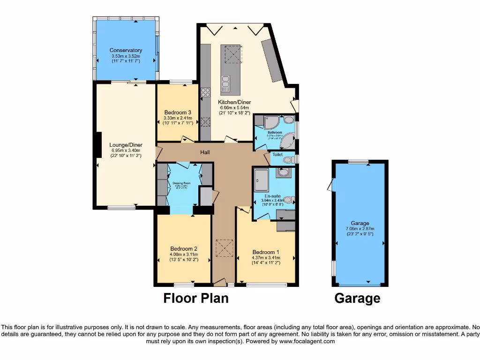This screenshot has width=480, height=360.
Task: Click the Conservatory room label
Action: click(x=126, y=50)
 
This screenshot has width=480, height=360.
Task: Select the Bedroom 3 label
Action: click(x=177, y=112)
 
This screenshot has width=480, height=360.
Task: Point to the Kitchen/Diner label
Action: click(x=234, y=102)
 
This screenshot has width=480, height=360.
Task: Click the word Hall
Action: click(x=205, y=152)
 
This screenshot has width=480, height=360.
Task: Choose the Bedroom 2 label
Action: click(x=184, y=248)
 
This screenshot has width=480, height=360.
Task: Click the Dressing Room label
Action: click(x=181, y=183)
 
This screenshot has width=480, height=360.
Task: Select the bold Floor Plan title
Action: click(x=196, y=298)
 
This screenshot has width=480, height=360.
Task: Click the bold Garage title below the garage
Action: click(x=357, y=298)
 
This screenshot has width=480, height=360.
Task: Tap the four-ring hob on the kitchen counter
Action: click(x=205, y=92)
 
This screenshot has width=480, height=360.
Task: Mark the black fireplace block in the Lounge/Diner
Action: click(x=98, y=144)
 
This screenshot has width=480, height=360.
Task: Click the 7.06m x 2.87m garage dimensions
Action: click(x=360, y=229)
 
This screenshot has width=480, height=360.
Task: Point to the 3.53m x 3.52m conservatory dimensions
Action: click(x=126, y=56)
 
